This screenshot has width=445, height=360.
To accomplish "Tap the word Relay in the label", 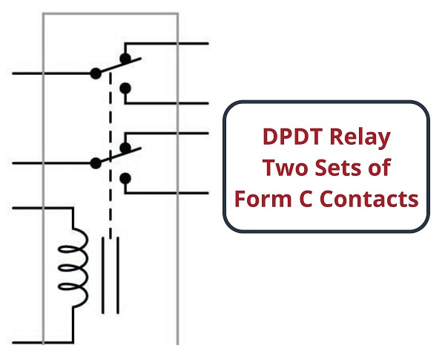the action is (x=360, y=138).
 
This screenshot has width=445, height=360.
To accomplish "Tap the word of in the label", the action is (x=380, y=167).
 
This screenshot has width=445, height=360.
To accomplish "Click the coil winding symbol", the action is (x=73, y=268).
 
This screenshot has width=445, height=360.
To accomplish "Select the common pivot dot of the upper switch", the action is (x=96, y=73).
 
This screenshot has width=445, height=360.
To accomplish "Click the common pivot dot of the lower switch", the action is (x=96, y=163).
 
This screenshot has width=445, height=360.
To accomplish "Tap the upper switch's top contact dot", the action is (x=125, y=58).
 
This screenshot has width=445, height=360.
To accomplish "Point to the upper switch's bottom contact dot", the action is (x=125, y=88).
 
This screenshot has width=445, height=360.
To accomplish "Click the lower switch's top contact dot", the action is (x=125, y=148).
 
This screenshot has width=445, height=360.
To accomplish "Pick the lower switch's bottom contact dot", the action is (x=125, y=178).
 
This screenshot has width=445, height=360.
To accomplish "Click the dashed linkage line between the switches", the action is (x=111, y=155).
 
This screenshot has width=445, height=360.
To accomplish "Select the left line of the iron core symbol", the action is (x=103, y=275).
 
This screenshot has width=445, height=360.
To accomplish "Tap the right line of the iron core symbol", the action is (x=118, y=275).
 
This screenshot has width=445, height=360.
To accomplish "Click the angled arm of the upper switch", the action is (x=119, y=65).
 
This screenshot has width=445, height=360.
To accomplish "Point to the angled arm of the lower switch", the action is (x=119, y=155).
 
